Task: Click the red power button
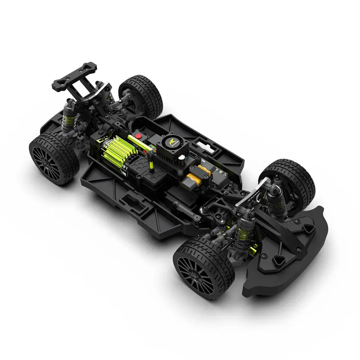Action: pyautogui.click(x=139, y=135)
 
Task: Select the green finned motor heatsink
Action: pyautogui.click(x=112, y=150)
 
